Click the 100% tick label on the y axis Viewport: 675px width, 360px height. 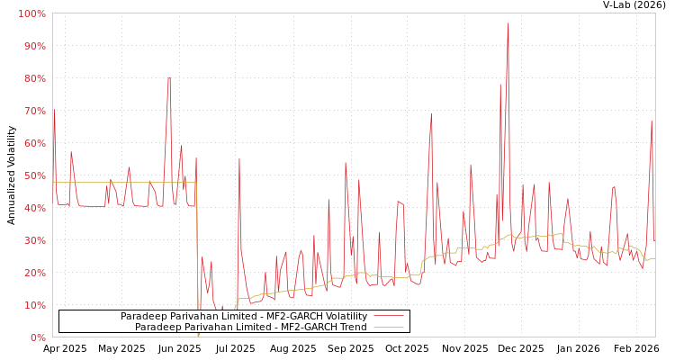click(x=31, y=13)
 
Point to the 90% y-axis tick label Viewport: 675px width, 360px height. click(x=32, y=46)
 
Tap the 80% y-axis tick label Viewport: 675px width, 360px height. click(x=32, y=78)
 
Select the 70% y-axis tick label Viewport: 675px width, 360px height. click(x=32, y=111)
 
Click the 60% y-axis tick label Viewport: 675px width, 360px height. click(x=32, y=143)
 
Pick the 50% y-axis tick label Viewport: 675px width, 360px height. click(x=32, y=175)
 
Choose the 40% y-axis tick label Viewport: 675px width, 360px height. click(x=32, y=208)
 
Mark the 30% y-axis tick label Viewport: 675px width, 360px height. click(x=32, y=240)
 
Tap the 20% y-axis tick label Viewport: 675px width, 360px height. click(x=32, y=273)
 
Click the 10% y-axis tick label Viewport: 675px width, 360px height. click(x=32, y=305)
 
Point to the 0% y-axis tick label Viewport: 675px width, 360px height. click(x=36, y=337)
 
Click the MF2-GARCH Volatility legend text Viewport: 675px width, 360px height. click(x=244, y=316)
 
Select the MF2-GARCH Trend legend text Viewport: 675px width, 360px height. click(x=251, y=327)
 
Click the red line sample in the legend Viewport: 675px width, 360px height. click(x=388, y=316)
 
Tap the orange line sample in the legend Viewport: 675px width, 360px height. click(x=388, y=327)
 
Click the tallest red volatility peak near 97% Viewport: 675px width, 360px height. click(x=508, y=24)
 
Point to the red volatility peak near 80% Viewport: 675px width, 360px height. click(x=169, y=78)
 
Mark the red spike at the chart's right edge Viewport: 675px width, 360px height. click(x=652, y=122)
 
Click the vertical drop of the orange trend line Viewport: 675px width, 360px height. click(x=197, y=261)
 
